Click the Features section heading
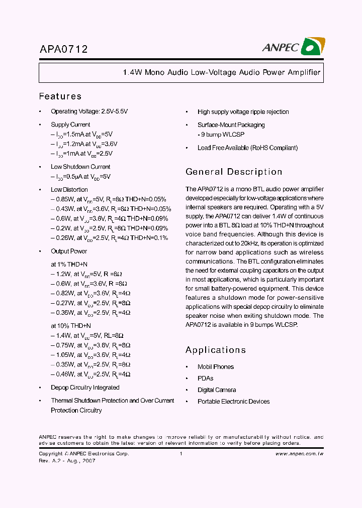point(60,96)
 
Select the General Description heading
point(234,172)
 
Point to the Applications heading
point(215,350)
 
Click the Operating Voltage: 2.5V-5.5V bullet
point(93,111)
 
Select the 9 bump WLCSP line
point(221,135)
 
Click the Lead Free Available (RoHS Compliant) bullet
point(247,148)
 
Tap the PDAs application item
point(205,378)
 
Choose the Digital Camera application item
point(217,390)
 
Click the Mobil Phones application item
point(215,367)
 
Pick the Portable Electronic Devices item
point(233,402)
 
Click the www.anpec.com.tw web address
point(299,454)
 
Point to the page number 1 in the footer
point(180,454)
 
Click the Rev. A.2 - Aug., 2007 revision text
point(67,461)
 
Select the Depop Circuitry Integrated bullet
point(85,388)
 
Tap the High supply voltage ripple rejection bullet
point(243,112)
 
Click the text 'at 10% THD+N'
point(71,326)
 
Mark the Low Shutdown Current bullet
point(80,167)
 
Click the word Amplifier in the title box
point(304,72)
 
